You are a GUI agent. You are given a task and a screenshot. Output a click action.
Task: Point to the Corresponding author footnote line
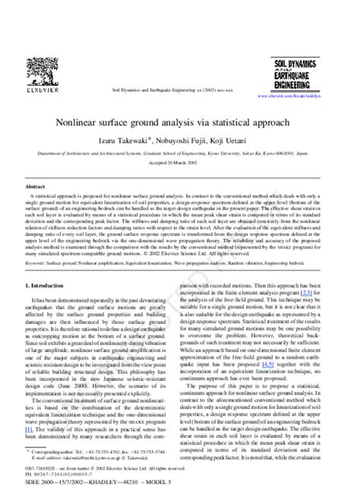click(84, 451)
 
